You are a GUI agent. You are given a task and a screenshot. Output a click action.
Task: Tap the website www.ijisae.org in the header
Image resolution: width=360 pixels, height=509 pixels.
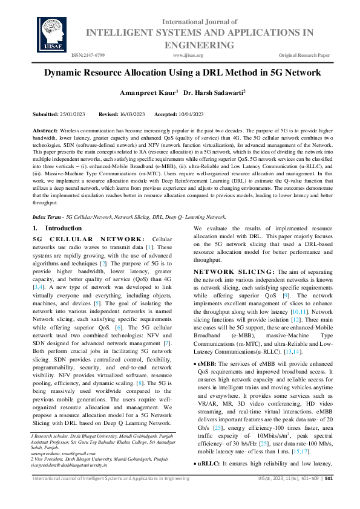[x=188, y=55]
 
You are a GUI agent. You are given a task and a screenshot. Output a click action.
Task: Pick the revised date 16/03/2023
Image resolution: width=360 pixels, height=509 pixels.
[x=130, y=114]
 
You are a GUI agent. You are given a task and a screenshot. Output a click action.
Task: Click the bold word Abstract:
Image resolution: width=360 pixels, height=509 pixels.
[x=45, y=131]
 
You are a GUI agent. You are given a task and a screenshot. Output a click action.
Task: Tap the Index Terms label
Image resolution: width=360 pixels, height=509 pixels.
[x=48, y=216]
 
